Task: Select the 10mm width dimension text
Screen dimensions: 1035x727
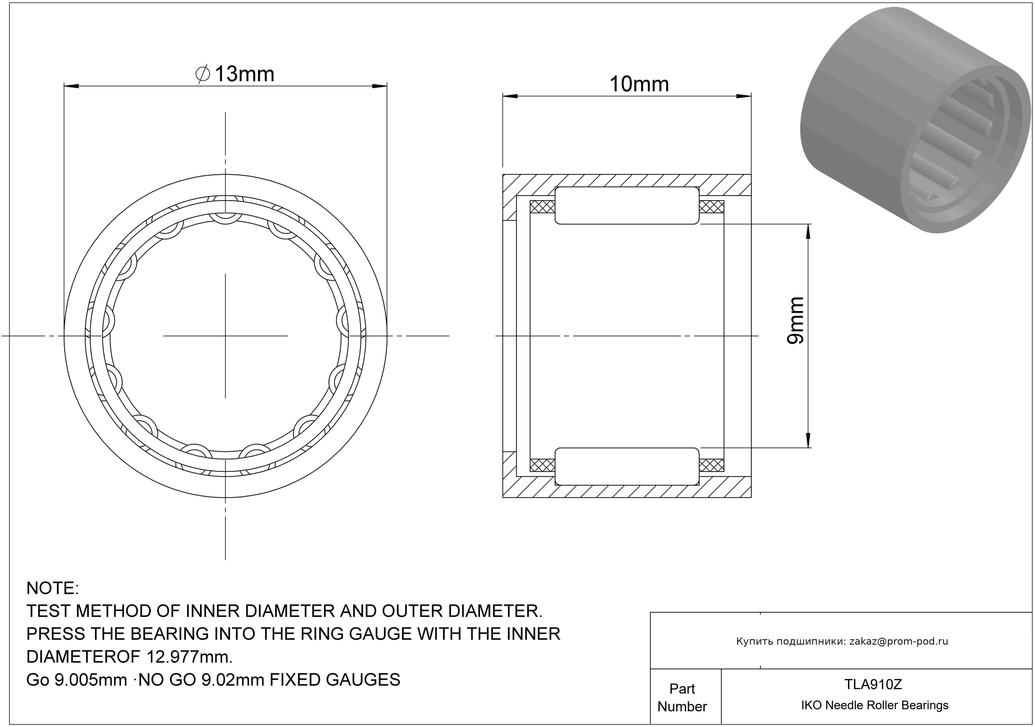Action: pyautogui.click(x=639, y=84)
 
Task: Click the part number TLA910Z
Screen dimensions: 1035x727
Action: pyautogui.click(x=873, y=684)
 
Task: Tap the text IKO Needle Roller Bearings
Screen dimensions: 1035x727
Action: pyautogui.click(x=875, y=705)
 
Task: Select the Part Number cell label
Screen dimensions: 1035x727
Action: pyautogui.click(x=682, y=697)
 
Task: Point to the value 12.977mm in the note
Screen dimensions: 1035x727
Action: pyautogui.click(x=189, y=657)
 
